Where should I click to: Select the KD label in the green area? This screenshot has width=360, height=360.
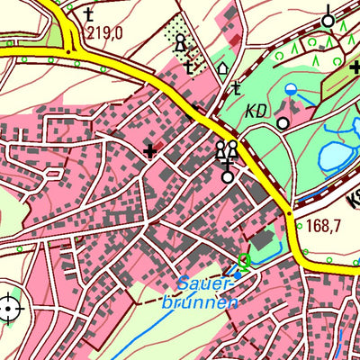(x=257, y=111)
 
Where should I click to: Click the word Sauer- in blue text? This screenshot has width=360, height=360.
(x=204, y=283)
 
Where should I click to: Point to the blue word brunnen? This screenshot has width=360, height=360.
(x=200, y=302)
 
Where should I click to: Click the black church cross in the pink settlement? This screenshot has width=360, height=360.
(x=148, y=150)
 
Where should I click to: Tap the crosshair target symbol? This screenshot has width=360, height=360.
(x=10, y=310)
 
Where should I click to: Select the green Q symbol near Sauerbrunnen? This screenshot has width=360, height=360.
(x=243, y=262)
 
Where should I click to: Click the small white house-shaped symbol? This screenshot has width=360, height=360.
(x=222, y=67)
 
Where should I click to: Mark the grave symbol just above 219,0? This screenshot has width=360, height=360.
(x=88, y=14)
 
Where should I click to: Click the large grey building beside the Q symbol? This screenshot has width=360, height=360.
(x=264, y=239)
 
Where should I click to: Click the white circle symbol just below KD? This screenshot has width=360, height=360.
(x=283, y=123)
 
